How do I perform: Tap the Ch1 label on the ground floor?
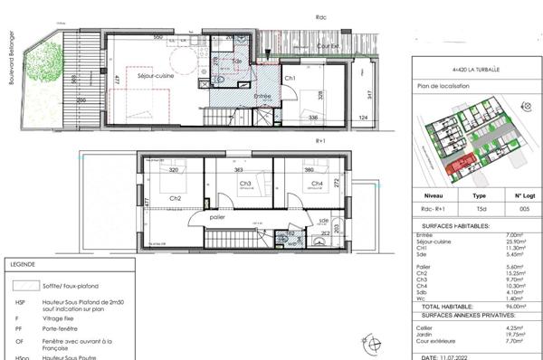(291, 79)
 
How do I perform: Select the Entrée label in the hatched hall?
(262, 95)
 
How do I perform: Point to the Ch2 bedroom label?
(176, 198)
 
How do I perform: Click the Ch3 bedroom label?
(245, 184)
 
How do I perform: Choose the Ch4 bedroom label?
(317, 184)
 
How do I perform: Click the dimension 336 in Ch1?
(313, 118)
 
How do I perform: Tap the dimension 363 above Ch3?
(240, 169)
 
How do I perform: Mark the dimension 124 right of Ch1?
(364, 118)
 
